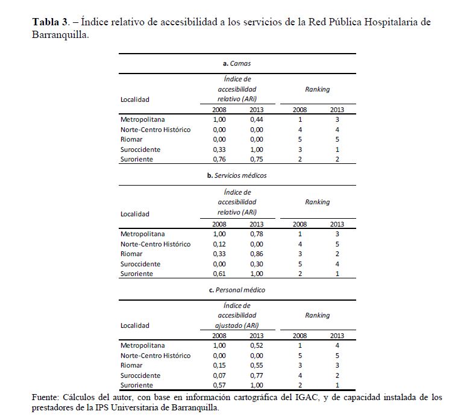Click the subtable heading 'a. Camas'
(236, 63)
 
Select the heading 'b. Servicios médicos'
(236, 175)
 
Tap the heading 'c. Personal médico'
(236, 290)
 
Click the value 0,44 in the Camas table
(257, 119)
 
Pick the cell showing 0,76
(219, 159)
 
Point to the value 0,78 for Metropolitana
(257, 234)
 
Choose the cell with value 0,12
(219, 244)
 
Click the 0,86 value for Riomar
(257, 254)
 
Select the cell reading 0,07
(219, 375)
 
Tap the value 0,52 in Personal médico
(257, 345)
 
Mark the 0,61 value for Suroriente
(219, 274)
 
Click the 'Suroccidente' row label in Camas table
(140, 149)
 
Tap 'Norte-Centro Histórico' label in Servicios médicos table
(155, 244)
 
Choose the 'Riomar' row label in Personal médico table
(131, 365)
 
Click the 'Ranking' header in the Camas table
(317, 89)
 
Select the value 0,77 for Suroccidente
(257, 375)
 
